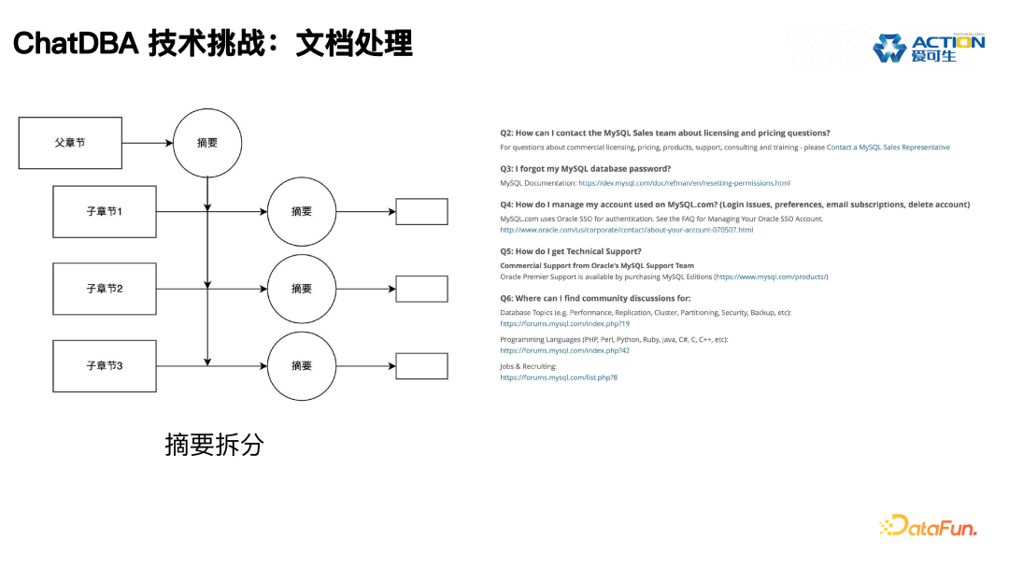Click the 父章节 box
71,143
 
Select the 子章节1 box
105,212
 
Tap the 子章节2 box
105,289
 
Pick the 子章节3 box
105,365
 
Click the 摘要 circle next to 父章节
207,143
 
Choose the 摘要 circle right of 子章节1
302,212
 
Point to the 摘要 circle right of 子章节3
302,365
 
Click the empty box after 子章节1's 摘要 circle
421,212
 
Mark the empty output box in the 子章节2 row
421,289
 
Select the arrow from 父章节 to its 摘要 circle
148,143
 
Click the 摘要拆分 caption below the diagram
214,445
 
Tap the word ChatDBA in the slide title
74,43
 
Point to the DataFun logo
928,527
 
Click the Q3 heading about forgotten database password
585,169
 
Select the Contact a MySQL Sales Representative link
888,148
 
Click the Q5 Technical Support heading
570,251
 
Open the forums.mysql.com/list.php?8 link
559,377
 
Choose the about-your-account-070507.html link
626,230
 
